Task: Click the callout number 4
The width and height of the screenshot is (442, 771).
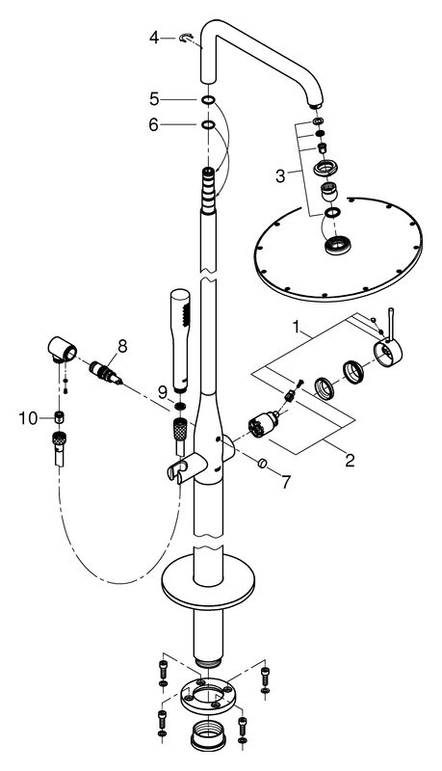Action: click(x=153, y=39)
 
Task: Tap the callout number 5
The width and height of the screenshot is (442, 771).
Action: click(x=153, y=99)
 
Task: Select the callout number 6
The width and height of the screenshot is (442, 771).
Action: click(x=153, y=125)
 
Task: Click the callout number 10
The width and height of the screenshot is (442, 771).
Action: click(x=28, y=417)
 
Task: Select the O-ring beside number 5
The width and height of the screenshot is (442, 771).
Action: click(x=208, y=99)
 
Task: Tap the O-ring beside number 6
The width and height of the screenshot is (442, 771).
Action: click(x=208, y=124)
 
